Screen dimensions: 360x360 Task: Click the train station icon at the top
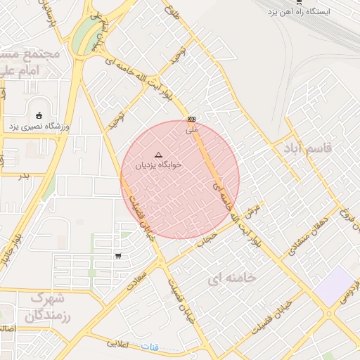[x=299, y=2]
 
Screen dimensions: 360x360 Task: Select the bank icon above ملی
[x=191, y=119]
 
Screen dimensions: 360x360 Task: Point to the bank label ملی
[x=192, y=130]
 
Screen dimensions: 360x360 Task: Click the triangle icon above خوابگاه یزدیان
[x=157, y=153]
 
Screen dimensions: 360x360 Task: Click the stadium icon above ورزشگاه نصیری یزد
[x=38, y=115]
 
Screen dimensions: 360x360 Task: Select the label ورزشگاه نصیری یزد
[x=33, y=127]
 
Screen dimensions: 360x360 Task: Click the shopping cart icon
[x=117, y=255]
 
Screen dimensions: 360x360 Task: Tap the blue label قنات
[x=150, y=347]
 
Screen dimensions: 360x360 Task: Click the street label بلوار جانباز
[x=17, y=250]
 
